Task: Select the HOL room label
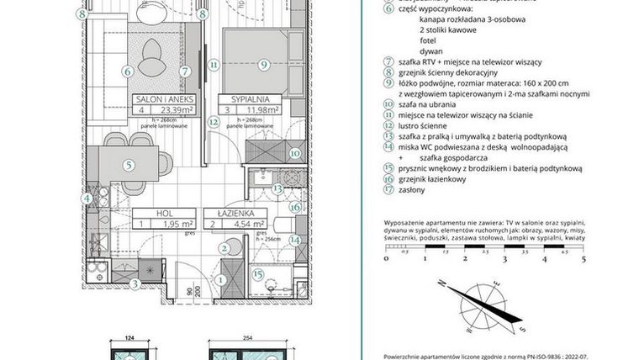point(165,214)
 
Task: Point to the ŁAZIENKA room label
point(241,214)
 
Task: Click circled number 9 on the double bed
point(263,62)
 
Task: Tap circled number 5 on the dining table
point(128,165)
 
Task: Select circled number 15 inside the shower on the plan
point(259,273)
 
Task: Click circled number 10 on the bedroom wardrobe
point(294,153)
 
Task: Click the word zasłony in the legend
point(405,190)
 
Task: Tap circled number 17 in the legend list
point(388,190)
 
